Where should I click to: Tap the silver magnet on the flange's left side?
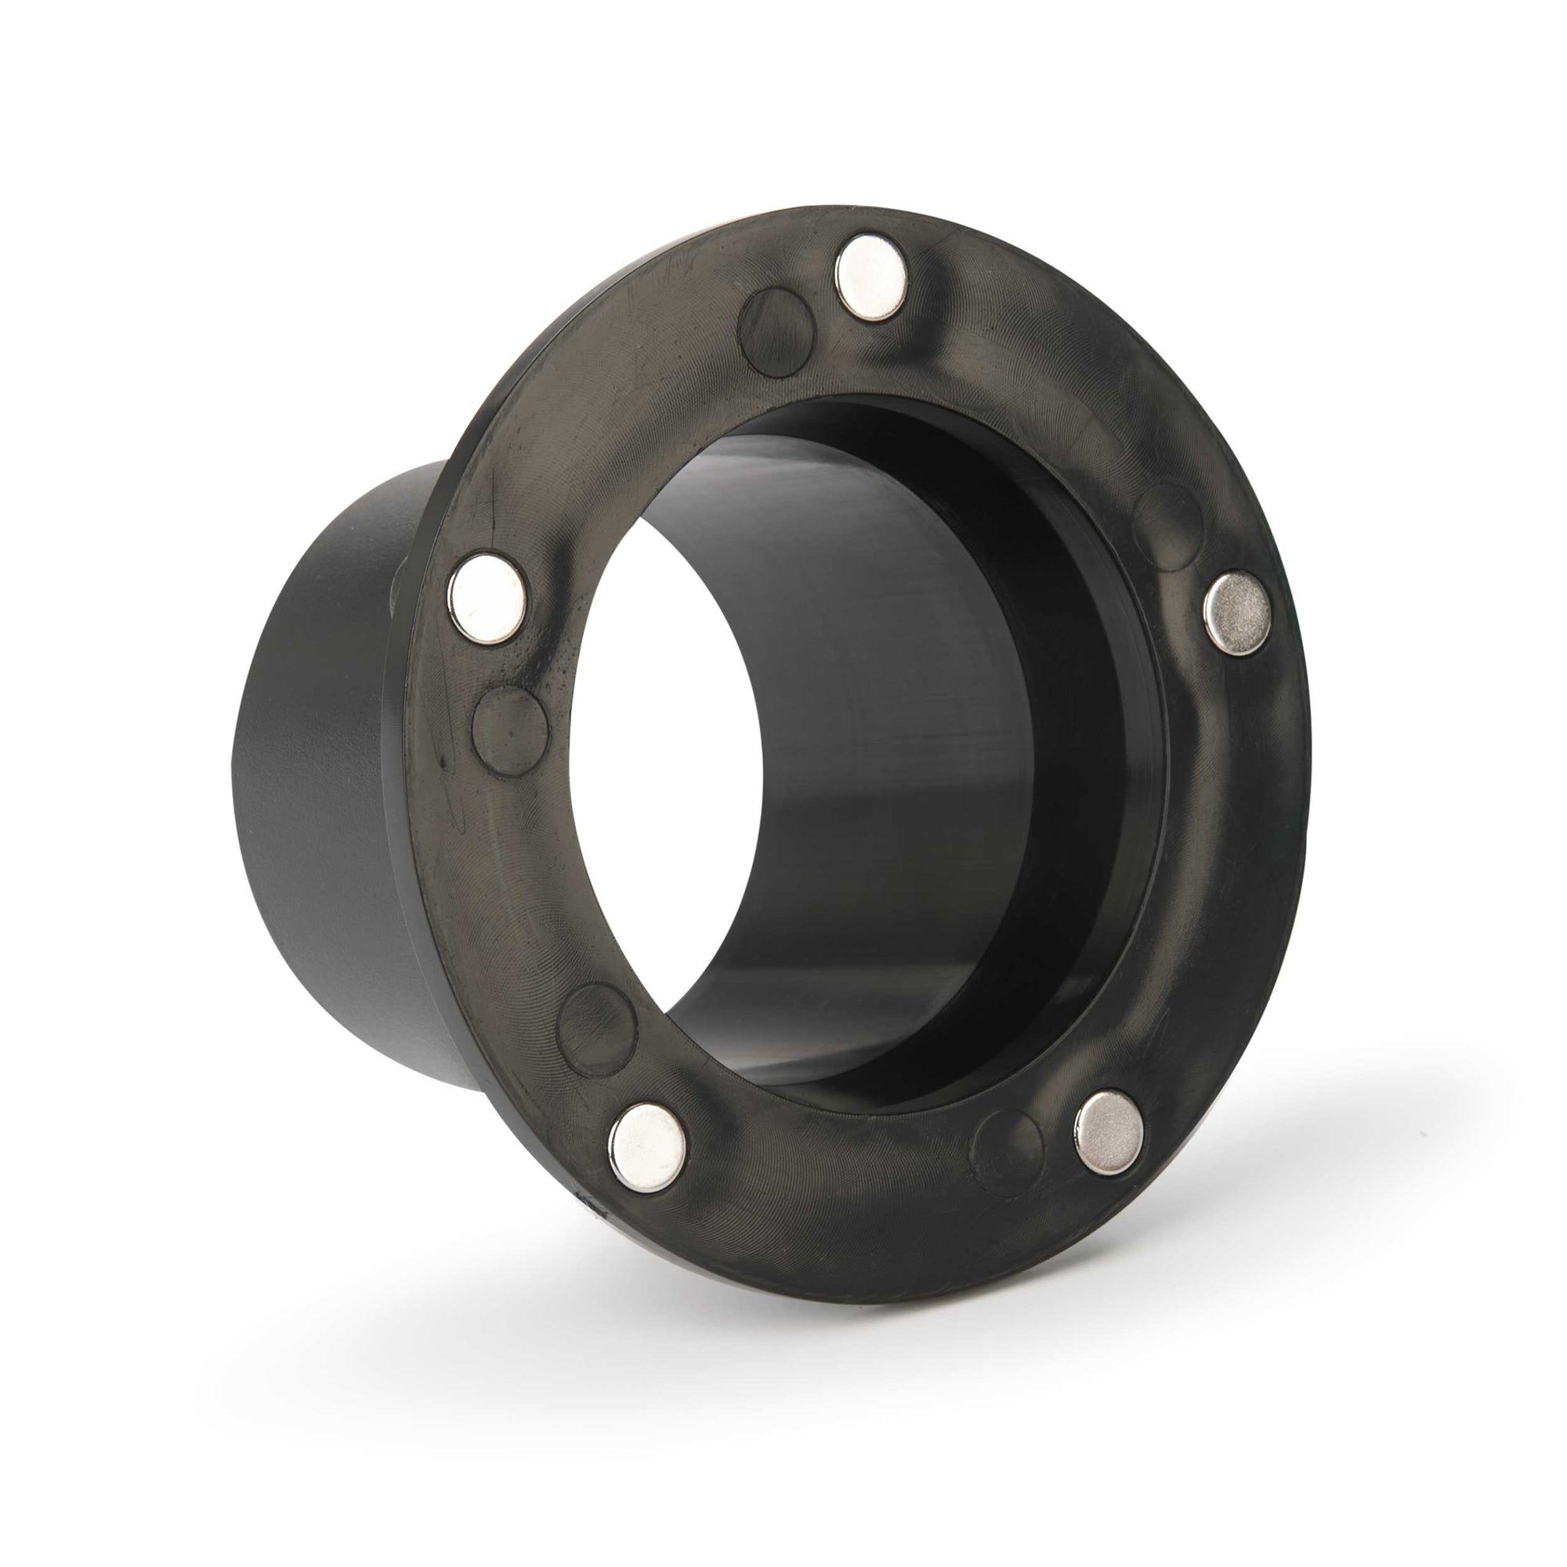point(487,599)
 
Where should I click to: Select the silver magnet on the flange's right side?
point(1237,613)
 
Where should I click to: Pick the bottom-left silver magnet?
point(646,1147)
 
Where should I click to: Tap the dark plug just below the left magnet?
point(510,731)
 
